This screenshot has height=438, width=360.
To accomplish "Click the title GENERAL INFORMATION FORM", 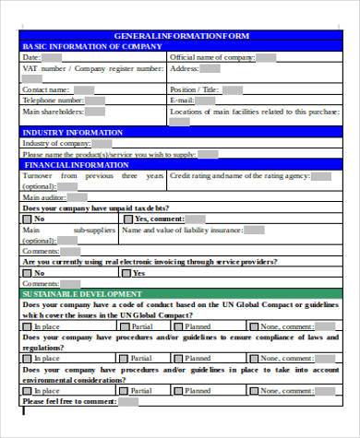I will pos(180,35).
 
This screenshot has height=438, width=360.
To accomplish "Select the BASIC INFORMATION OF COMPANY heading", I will pos(84,45).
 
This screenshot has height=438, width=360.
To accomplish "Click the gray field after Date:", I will pos(52,57).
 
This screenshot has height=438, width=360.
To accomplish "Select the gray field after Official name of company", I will pos(266,57).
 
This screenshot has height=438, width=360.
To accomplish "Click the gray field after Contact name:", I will pos(83,89).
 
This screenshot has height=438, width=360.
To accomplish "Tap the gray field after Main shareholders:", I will pos(97,111).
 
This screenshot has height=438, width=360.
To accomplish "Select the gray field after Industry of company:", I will pos(102,143).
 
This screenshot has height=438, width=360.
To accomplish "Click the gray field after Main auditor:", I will pos(79,197).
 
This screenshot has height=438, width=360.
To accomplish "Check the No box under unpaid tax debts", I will pos(28,219).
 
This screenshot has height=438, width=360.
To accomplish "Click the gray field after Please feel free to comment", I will pos(128,402).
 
